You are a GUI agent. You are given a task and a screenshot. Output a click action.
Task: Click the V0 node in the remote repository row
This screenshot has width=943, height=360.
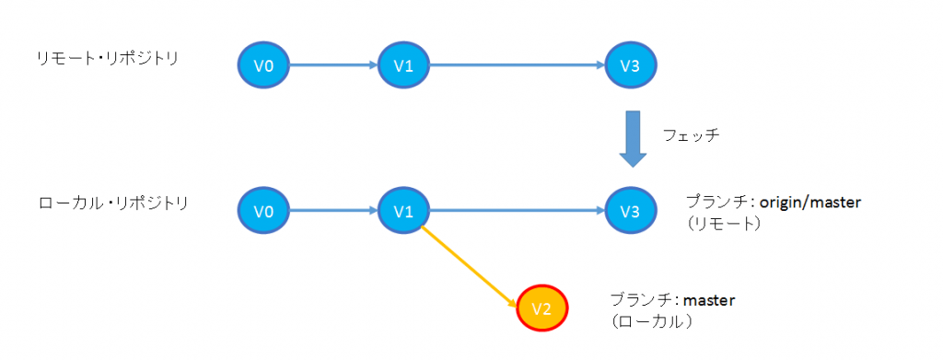pyautogui.click(x=264, y=64)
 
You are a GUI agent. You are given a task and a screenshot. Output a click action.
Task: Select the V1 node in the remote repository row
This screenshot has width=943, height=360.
pyautogui.click(x=403, y=64)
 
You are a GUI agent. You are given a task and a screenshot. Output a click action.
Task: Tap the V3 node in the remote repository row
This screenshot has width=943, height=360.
pyautogui.click(x=631, y=64)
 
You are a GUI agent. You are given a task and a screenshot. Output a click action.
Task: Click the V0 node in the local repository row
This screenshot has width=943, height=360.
pyautogui.click(x=264, y=211)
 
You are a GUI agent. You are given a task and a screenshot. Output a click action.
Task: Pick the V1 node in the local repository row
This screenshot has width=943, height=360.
pyautogui.click(x=403, y=211)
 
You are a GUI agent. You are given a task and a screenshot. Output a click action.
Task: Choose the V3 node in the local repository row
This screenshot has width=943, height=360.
pyautogui.click(x=631, y=211)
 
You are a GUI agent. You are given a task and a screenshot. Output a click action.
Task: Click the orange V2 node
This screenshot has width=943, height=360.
pyautogui.click(x=543, y=308)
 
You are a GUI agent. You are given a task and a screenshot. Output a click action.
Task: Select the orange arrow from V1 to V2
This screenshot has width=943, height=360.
pyautogui.click(x=468, y=267)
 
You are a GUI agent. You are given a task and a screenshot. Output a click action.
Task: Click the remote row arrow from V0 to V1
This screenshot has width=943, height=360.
pyautogui.click(x=333, y=64)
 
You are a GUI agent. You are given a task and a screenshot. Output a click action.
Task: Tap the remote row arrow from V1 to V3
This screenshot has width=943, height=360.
pyautogui.click(x=516, y=64)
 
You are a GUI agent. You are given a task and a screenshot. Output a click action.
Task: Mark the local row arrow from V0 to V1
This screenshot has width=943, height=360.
pyautogui.click(x=333, y=211)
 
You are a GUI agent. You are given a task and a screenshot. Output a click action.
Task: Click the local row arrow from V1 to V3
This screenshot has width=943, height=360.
pyautogui.click(x=516, y=211)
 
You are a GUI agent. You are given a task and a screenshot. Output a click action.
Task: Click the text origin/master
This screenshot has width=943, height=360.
pyautogui.click(x=810, y=202)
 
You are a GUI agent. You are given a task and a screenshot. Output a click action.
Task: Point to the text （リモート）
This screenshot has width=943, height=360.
pyautogui.click(x=723, y=224)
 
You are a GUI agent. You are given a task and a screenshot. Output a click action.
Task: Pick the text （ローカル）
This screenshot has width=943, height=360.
pyautogui.click(x=651, y=322)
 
